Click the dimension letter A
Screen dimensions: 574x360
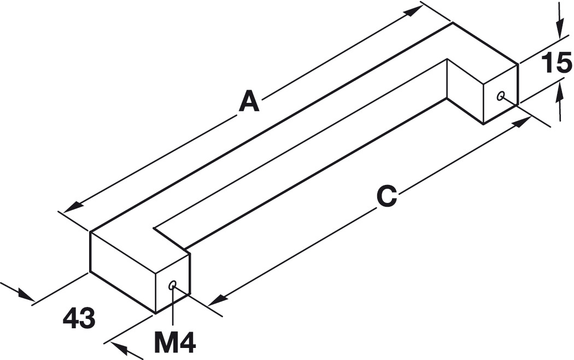[249, 102]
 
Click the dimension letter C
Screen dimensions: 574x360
[386, 196]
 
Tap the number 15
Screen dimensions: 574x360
[556, 65]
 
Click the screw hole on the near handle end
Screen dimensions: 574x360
[173, 285]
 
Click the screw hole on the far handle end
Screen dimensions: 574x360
[500, 96]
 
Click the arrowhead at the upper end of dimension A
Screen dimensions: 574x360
[413, 13]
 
